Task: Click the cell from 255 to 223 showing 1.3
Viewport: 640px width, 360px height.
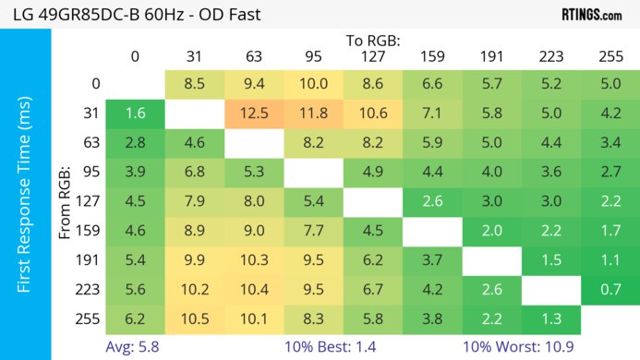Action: point(550,319)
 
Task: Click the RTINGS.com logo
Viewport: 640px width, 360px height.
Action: point(591,15)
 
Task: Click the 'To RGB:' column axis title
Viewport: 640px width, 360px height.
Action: point(373,41)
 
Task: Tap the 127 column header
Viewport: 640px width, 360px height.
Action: point(372,56)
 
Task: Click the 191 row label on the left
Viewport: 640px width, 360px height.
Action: point(90,260)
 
